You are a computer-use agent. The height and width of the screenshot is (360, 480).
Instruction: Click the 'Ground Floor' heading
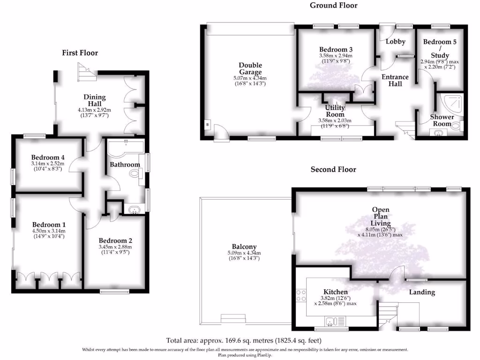(x=333, y=6)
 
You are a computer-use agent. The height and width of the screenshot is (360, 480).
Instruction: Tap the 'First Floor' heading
(x=80, y=53)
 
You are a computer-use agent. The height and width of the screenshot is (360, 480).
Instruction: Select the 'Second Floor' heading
(x=333, y=169)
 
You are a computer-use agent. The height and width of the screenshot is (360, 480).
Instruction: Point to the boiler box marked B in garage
(x=207, y=125)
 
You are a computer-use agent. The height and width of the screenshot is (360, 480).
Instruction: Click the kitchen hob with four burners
(x=300, y=295)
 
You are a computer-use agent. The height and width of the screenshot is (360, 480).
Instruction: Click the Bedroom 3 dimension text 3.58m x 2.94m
(x=336, y=56)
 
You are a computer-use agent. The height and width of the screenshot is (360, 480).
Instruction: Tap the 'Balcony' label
(x=244, y=247)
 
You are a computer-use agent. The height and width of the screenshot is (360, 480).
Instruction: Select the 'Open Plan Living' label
(x=381, y=216)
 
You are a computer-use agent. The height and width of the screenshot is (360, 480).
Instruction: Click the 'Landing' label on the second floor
(x=422, y=292)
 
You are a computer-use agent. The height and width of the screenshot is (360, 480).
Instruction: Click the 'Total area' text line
(x=244, y=340)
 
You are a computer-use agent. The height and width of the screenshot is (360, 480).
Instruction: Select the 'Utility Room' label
(x=335, y=111)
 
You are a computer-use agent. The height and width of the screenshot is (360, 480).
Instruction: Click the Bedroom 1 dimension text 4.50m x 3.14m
(x=48, y=231)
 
